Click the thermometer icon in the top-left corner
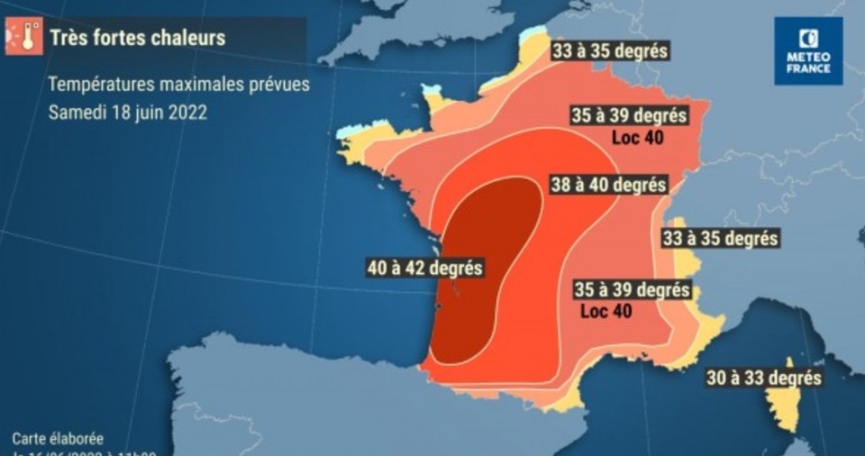point(24,36)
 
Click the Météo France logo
point(808,51)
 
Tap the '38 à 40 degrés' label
point(608,185)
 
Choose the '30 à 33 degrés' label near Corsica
point(763,378)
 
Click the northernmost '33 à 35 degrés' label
point(610,50)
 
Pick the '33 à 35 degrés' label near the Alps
point(720,239)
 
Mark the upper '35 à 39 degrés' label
point(630,116)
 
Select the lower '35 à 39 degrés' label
point(633,290)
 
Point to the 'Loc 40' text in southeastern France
point(605,311)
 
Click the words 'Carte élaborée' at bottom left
point(58,439)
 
